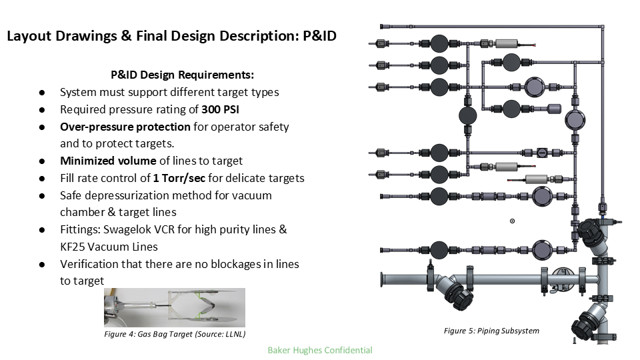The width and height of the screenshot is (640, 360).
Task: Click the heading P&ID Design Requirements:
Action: (x=182, y=75)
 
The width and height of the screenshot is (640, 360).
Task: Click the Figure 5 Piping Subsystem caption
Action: (x=491, y=331)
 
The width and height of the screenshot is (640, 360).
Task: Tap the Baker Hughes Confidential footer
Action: (x=319, y=349)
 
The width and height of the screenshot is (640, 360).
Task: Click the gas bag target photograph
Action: (x=174, y=307)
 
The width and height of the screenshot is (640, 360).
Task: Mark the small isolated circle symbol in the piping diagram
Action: (x=512, y=221)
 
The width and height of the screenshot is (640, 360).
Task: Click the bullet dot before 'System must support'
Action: (x=42, y=93)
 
